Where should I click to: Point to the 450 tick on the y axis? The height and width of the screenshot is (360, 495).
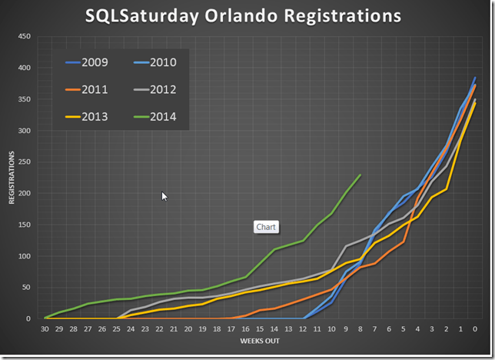[25, 36]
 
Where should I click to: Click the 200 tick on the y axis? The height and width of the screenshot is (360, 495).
[25, 193]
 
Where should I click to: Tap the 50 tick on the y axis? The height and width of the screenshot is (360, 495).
[26, 287]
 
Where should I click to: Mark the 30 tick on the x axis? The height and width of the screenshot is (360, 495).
[45, 328]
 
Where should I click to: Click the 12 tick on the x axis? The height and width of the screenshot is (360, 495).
[303, 328]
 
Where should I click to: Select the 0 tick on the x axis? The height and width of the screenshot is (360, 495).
[475, 328]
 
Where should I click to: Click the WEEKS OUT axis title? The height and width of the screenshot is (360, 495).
[260, 341]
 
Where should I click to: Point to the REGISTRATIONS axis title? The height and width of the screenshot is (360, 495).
[12, 178]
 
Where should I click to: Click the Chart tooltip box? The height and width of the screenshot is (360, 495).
[266, 227]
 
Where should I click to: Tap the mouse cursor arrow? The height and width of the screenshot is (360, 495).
[164, 196]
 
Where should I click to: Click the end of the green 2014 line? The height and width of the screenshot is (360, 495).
[360, 175]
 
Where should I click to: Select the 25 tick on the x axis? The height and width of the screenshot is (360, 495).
[117, 328]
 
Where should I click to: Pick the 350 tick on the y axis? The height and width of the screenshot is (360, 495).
[25, 99]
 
